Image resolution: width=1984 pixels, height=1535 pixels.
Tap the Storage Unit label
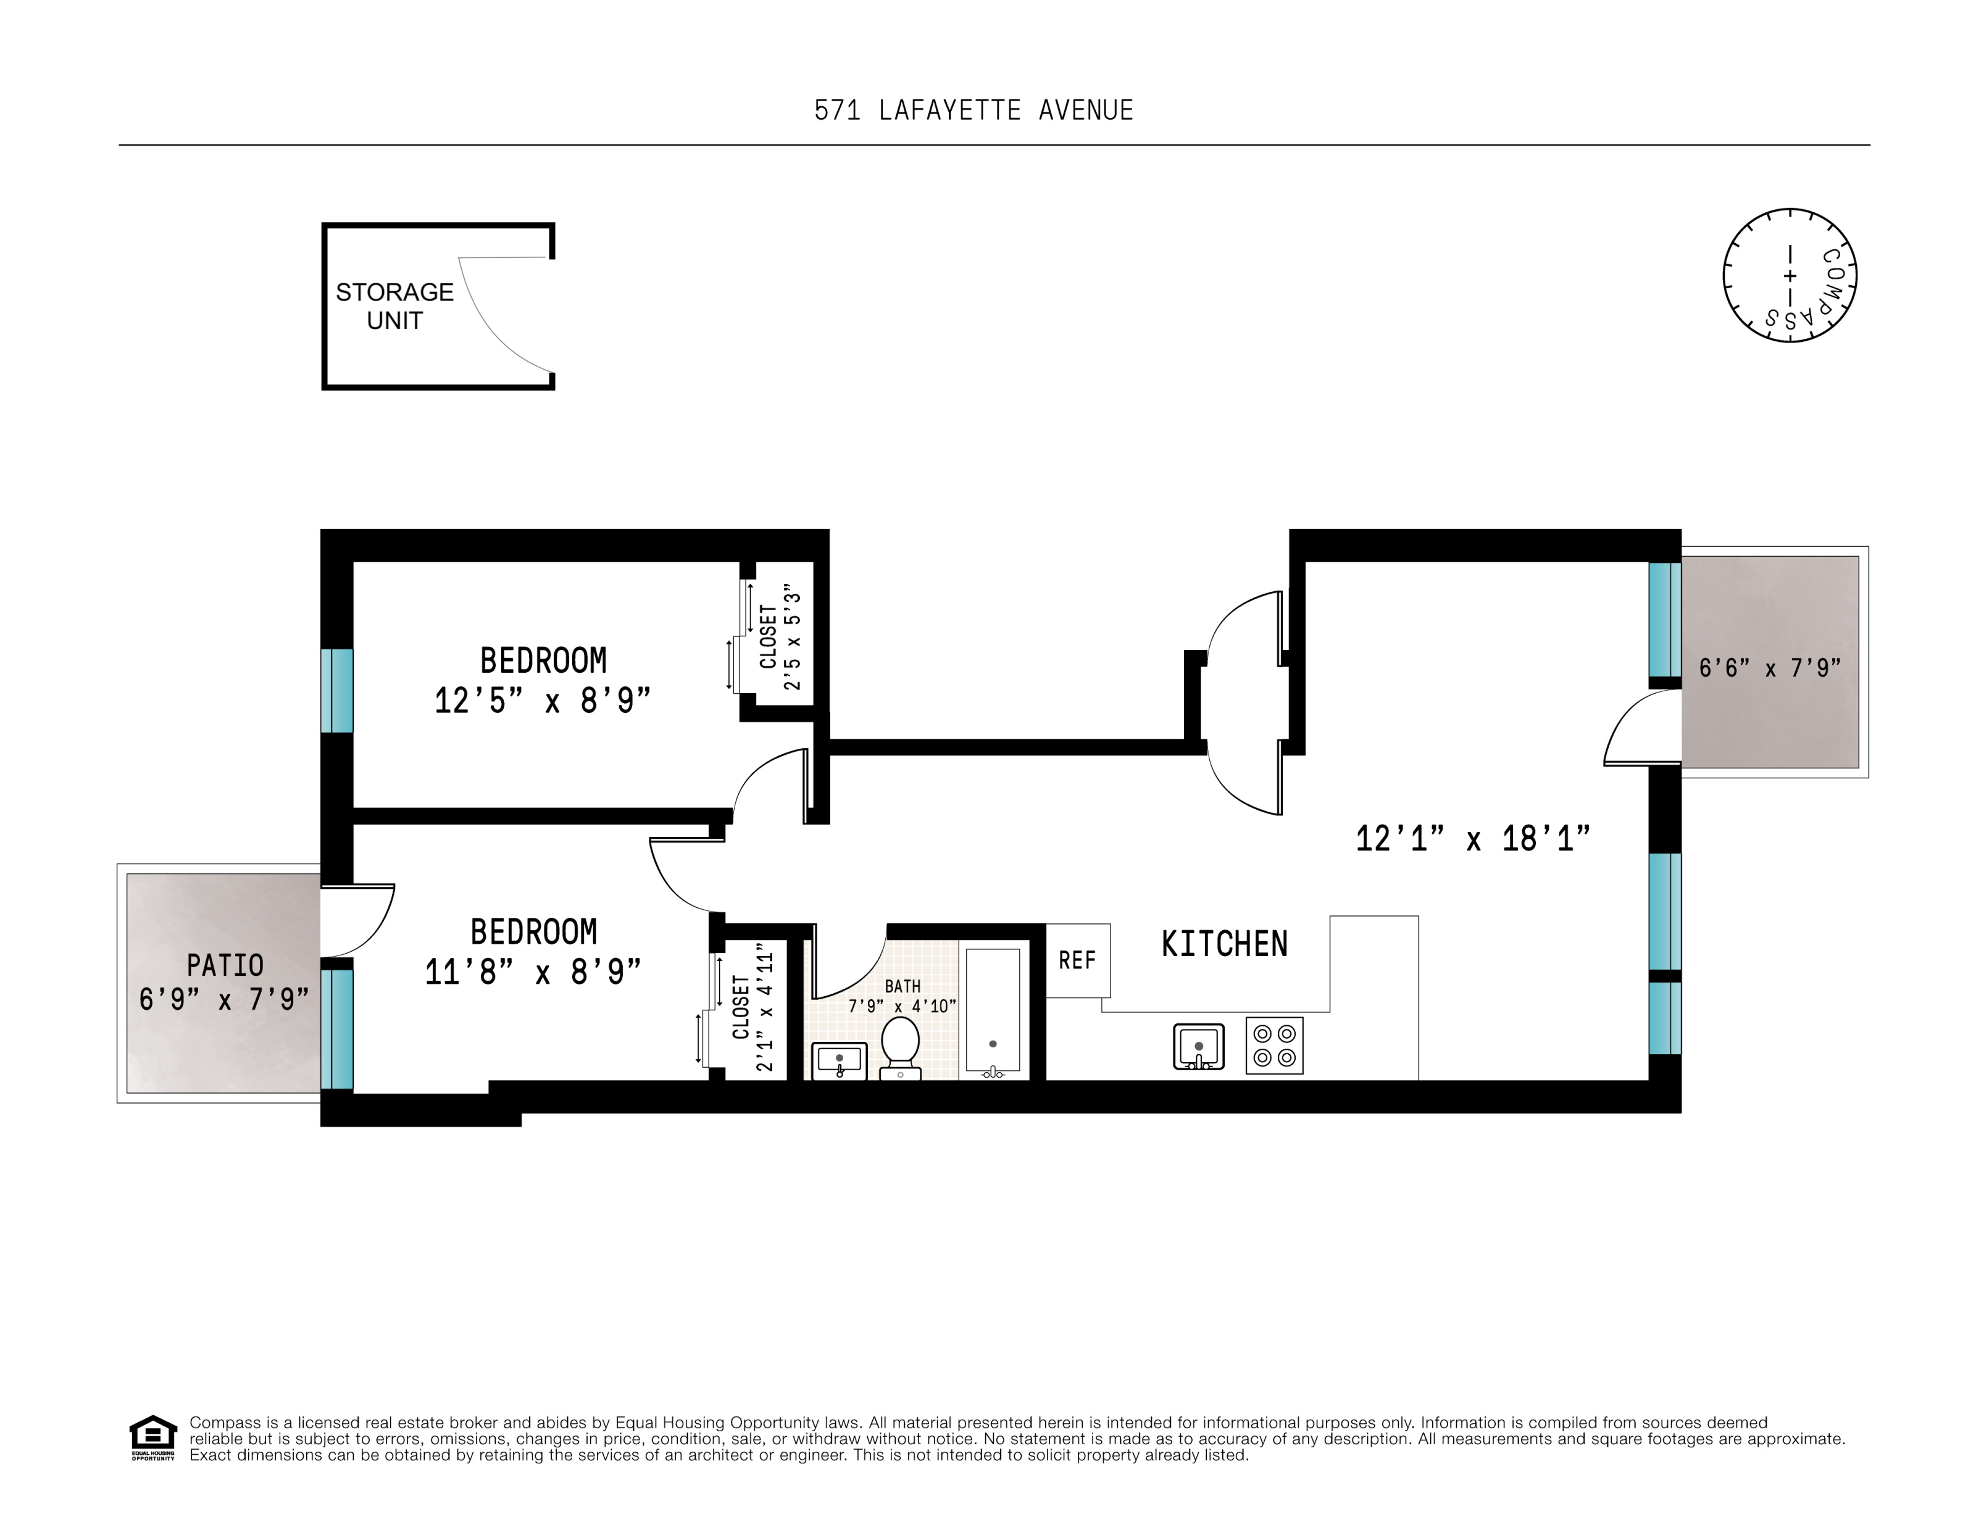pos(394,306)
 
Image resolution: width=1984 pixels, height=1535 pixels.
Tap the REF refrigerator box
pos(1077,960)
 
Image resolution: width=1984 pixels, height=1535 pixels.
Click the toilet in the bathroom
pos(900,1047)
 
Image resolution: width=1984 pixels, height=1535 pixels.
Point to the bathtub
pos(992,1011)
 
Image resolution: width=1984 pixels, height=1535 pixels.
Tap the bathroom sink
pos(838,1060)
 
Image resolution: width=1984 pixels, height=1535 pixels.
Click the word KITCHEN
pos(1223,944)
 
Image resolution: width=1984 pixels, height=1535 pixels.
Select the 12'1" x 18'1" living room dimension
pos(1472,838)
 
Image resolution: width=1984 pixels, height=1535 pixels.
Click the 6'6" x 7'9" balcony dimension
pos(1770,668)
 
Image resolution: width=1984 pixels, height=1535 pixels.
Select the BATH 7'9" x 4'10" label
pos(901,996)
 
